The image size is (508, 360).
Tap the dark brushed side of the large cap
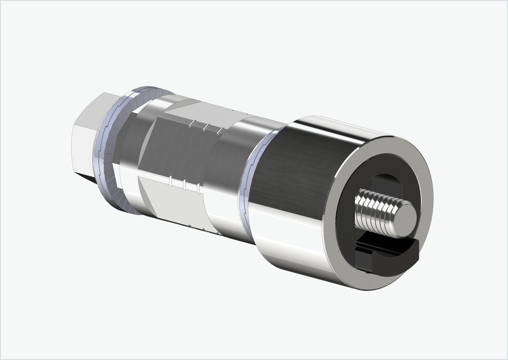pyautogui.click(x=294, y=172)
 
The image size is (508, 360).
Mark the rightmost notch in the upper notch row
pyautogui.click(x=221, y=131)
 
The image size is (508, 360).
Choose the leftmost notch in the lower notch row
pyautogui.click(x=170, y=181)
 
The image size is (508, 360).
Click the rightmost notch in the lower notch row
pyautogui.click(x=198, y=188)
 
